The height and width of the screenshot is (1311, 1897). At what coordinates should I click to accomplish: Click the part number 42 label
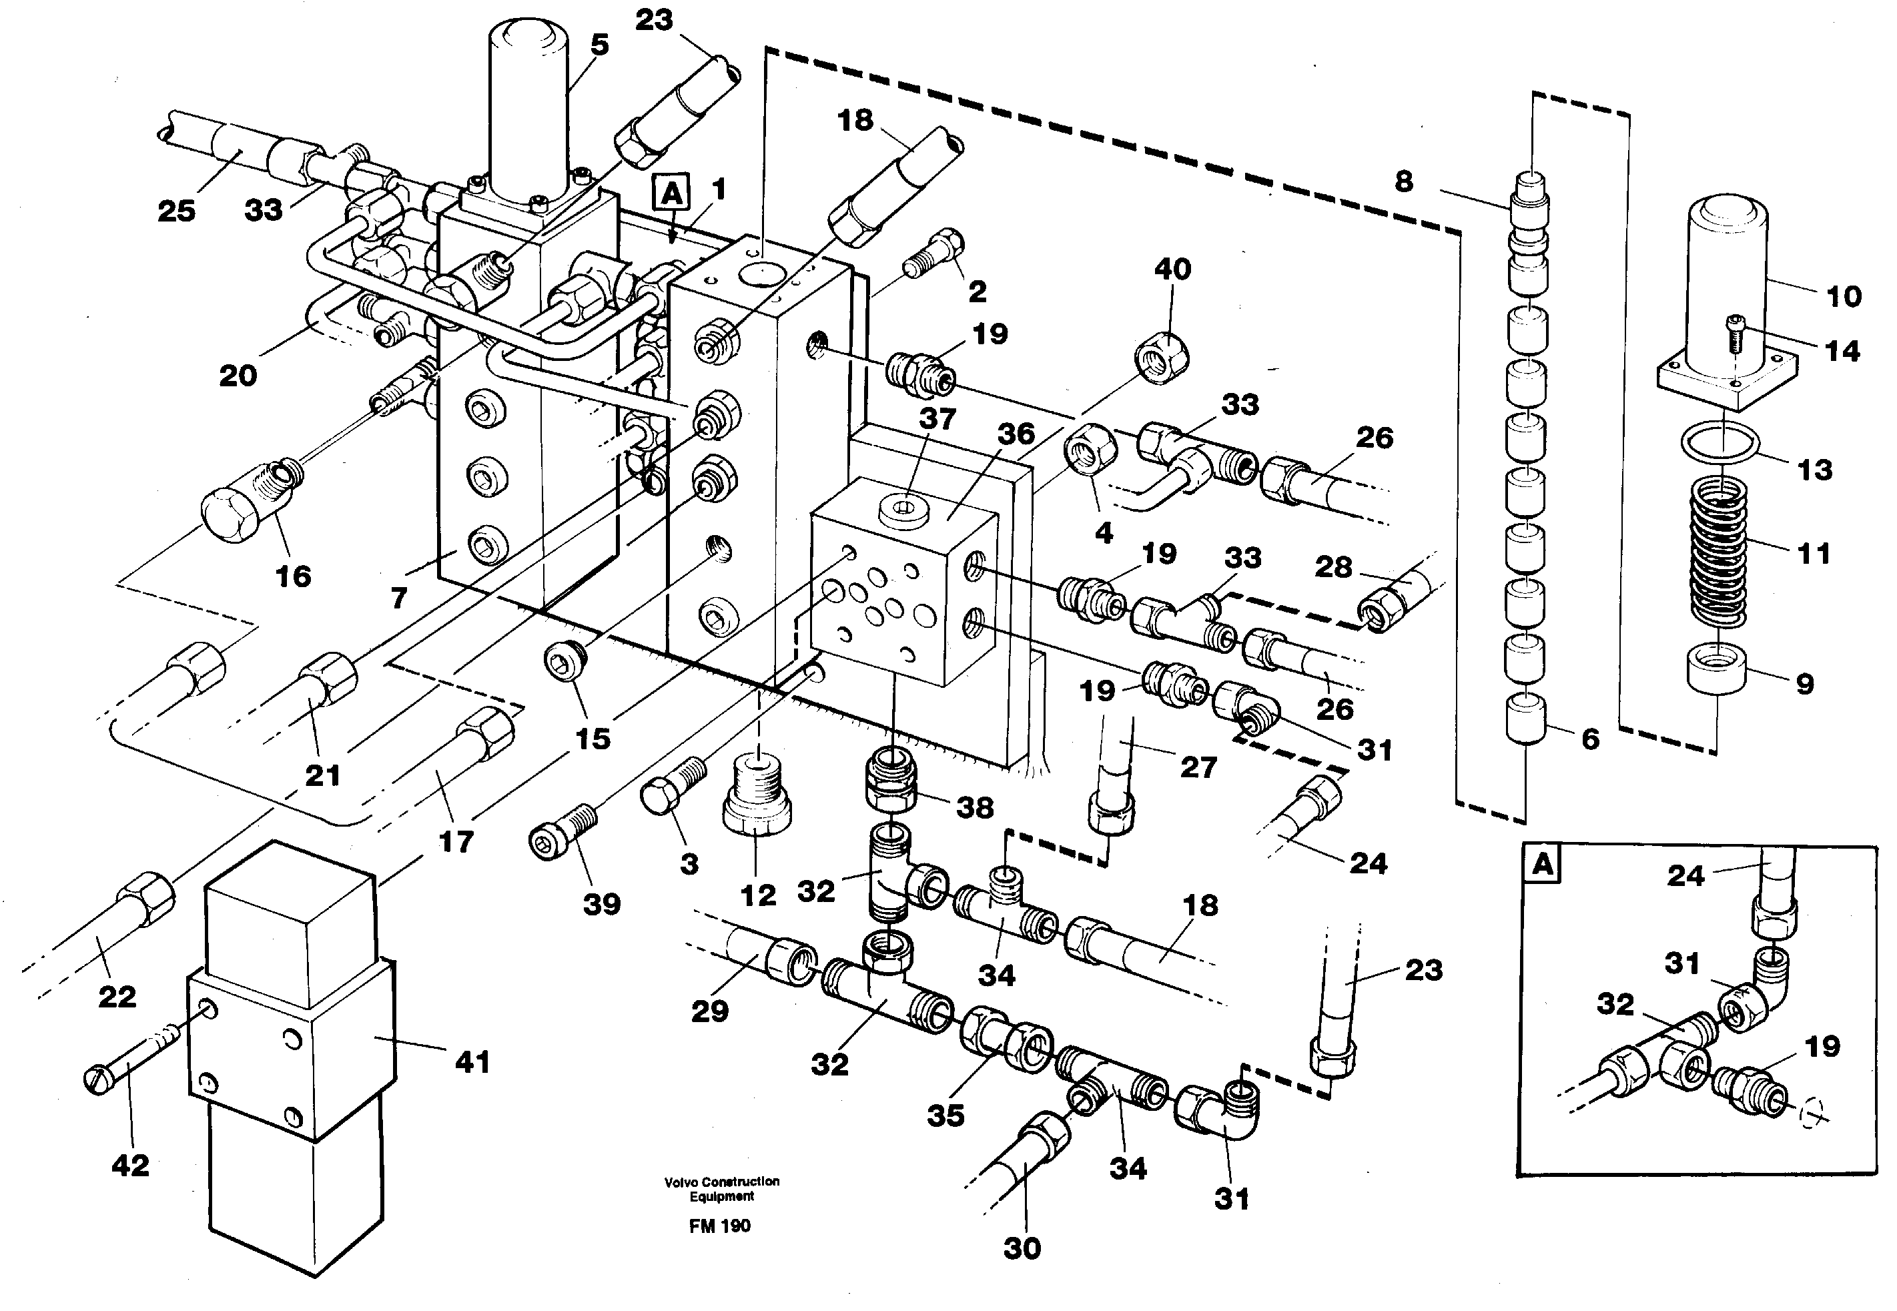tap(130, 1165)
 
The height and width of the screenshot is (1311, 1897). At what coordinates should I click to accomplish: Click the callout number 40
tap(1172, 270)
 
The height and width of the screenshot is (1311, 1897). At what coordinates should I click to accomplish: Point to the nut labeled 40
tap(1162, 355)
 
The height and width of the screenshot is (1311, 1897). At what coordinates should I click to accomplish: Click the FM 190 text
tap(720, 1226)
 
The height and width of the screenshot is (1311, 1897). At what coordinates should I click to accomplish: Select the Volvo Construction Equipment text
tap(721, 1189)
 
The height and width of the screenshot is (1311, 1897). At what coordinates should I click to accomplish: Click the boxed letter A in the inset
tap(1543, 865)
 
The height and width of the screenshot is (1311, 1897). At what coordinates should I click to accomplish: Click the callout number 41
tap(472, 1062)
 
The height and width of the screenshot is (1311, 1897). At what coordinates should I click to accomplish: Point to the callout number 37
tap(937, 419)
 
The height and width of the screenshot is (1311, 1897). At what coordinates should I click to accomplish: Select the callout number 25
tap(177, 211)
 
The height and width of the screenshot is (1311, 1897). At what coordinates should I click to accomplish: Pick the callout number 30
tap(1022, 1248)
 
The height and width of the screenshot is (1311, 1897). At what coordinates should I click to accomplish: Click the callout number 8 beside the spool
tap(1404, 181)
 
